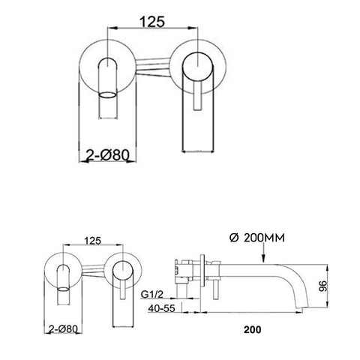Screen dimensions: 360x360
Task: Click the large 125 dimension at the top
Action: pyautogui.click(x=152, y=22)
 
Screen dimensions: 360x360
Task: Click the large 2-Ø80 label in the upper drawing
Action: pyautogui.click(x=108, y=155)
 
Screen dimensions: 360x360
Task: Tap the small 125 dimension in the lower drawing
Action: pyautogui.click(x=93, y=241)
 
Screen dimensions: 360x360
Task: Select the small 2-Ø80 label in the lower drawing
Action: pyautogui.click(x=63, y=328)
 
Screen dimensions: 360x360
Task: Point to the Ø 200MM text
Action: pyautogui.click(x=257, y=238)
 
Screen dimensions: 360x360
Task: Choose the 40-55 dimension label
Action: pyautogui.click(x=161, y=308)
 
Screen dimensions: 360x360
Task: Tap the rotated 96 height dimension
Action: pyautogui.click(x=322, y=286)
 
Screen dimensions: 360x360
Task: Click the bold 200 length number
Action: pyautogui.click(x=252, y=329)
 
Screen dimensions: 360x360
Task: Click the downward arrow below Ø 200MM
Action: pyautogui.click(x=263, y=253)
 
